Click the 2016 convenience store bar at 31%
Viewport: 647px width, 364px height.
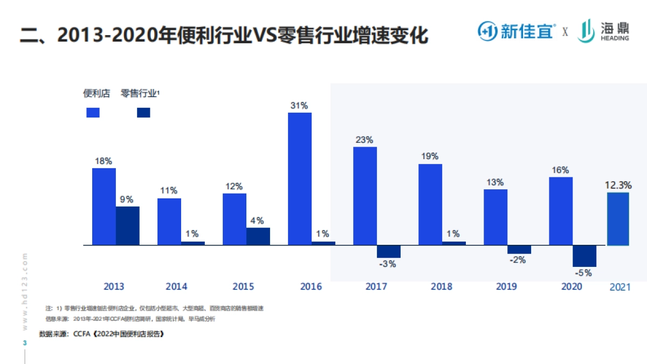[300, 178]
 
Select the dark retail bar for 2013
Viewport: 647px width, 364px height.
[128, 225]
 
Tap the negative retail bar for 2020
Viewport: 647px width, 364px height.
[584, 256]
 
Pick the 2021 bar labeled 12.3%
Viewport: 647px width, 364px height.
[618, 219]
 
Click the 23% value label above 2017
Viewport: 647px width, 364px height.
[364, 140]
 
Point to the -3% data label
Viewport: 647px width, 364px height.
[388, 264]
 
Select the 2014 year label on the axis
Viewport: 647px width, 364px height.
[176, 286]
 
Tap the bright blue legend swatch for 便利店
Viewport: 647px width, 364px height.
[93, 112]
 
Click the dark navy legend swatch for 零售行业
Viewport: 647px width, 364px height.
[143, 112]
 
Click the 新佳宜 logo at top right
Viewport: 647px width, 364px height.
[516, 31]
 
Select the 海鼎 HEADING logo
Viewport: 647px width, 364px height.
[603, 31]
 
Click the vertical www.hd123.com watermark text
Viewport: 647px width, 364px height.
[25, 291]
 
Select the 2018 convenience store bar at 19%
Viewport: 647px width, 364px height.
[430, 204]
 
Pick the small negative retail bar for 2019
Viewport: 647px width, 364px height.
[519, 249]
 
